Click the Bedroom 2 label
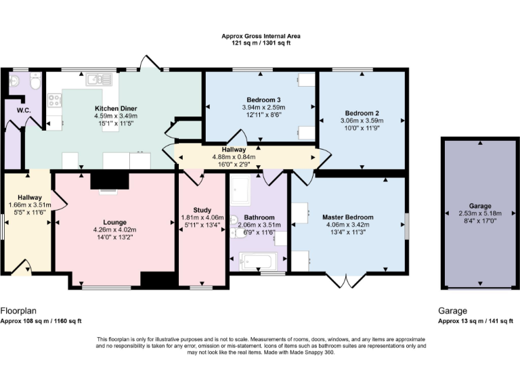pyautogui.click(x=361, y=112)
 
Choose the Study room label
pyautogui.click(x=202, y=210)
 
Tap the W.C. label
pyautogui.click(x=14, y=110)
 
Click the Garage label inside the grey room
pyautogui.click(x=480, y=205)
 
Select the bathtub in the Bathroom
pyautogui.click(x=258, y=260)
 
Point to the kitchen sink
pyautogui.click(x=93, y=81)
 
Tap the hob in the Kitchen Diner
pyautogui.click(x=53, y=101)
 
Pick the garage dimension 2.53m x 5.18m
pyautogui.click(x=480, y=213)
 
